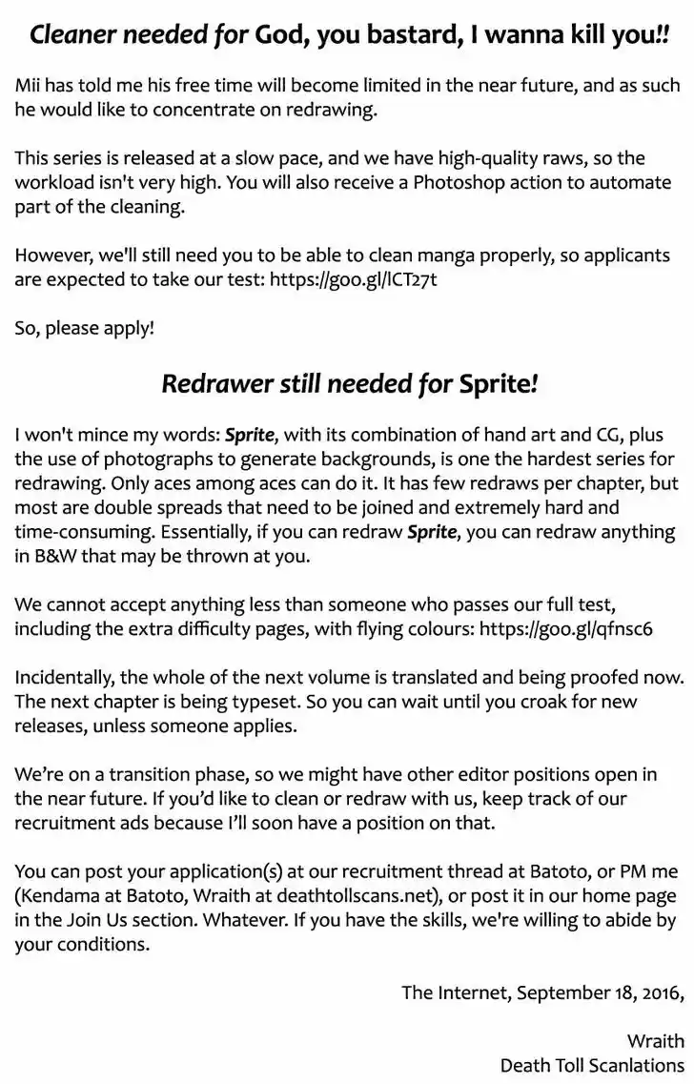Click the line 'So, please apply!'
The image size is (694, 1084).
84,328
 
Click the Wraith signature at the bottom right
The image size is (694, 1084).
655,1040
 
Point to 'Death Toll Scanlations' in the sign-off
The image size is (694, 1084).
592,1064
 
